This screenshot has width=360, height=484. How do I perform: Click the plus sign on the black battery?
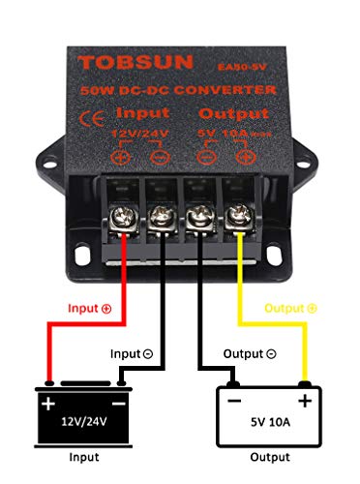point(46,399)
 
